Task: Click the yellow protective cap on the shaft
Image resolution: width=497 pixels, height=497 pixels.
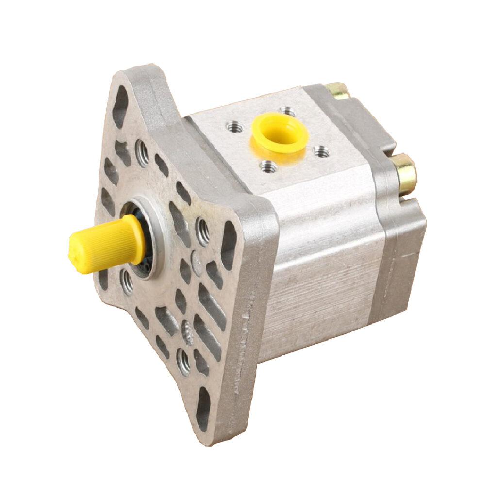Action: (104, 245)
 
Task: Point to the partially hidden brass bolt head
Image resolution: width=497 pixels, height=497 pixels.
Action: (338, 90)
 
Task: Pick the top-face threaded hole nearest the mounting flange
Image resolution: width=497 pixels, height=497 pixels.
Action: (234, 127)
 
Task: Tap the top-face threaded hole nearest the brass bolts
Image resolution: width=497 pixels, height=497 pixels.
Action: (320, 152)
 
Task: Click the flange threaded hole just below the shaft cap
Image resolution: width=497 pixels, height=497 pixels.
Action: (127, 281)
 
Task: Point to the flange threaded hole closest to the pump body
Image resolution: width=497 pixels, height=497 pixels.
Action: (203, 231)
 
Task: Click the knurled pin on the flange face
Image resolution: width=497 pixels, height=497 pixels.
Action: (187, 332)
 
